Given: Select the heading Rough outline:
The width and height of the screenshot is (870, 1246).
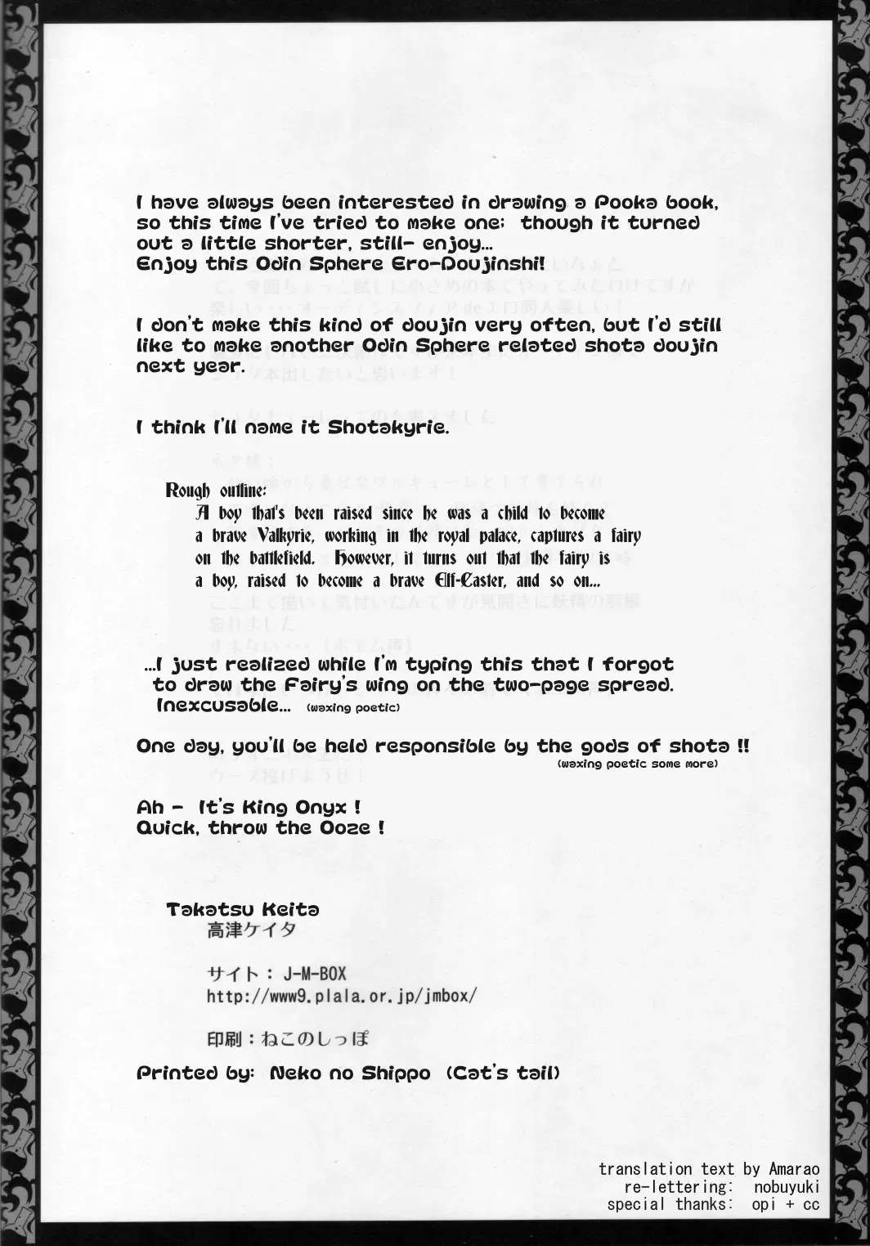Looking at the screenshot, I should [215, 491].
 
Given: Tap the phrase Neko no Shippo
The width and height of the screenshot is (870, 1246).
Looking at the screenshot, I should [351, 1073].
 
